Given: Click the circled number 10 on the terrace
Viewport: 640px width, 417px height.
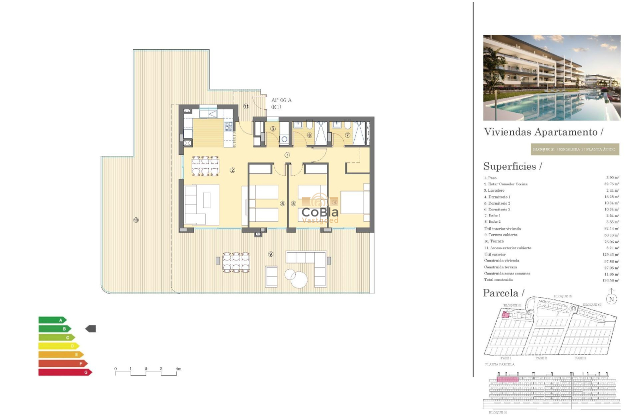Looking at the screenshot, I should point(135,220).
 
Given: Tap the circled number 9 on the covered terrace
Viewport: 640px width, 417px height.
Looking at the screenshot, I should point(270,254).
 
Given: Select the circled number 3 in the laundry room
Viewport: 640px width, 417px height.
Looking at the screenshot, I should point(273,129).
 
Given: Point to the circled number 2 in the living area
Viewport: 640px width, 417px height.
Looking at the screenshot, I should point(232,170).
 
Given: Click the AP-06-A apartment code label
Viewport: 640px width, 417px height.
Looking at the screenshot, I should point(281,100).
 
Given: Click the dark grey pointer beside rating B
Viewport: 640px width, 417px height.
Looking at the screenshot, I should point(91,329).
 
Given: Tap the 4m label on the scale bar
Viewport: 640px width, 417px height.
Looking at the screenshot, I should point(179,369).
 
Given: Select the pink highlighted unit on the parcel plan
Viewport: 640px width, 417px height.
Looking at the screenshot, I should point(506,314).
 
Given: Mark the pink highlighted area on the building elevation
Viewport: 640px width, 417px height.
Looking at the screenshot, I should point(508,379).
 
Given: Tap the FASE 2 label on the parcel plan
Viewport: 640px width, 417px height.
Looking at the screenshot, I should point(541,358).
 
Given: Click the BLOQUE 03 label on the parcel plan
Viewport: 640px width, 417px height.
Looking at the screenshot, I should point(592,304).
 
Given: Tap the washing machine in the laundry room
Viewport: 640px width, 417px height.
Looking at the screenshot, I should point(284,139).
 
